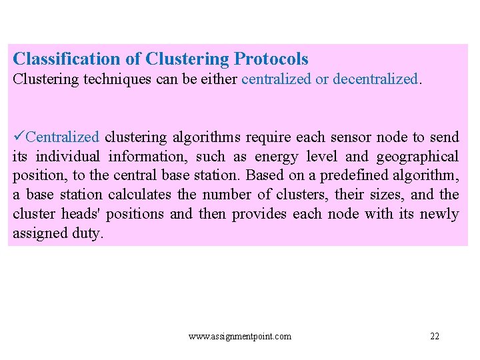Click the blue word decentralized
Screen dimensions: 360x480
click(x=375, y=79)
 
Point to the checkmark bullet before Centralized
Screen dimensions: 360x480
click(x=19, y=137)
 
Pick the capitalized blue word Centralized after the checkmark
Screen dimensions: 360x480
click(x=63, y=137)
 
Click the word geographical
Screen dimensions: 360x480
click(x=417, y=157)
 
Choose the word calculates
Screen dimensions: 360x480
click(x=142, y=195)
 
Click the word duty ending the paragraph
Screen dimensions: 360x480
click(x=89, y=234)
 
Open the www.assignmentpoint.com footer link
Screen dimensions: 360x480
click(x=240, y=337)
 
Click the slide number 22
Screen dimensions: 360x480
click(x=435, y=337)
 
